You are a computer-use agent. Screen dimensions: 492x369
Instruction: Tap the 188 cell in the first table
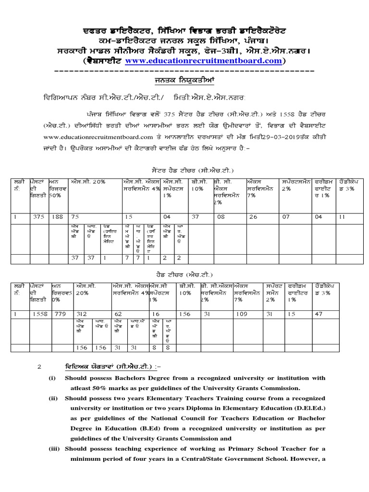[x=57, y=217]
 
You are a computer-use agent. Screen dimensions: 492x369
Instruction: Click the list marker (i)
[x=52, y=378]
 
